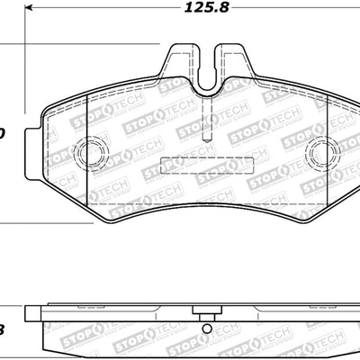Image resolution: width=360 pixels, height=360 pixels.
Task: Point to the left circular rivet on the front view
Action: (x=88, y=154)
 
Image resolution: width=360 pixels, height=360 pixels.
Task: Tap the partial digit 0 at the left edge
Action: (x=3, y=134)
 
